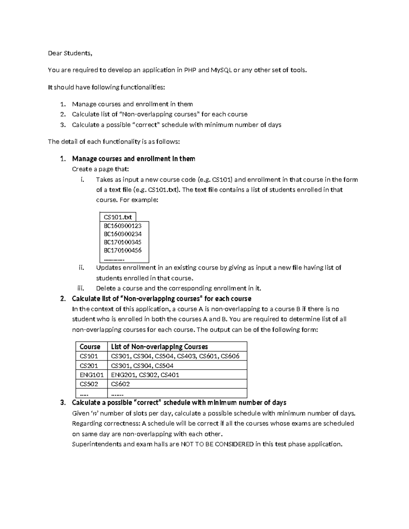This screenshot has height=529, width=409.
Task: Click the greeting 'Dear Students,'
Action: (70, 53)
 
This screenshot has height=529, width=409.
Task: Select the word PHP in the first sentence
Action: (190, 70)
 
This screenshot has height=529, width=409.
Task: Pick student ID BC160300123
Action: (122, 225)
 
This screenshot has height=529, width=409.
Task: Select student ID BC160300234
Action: (122, 234)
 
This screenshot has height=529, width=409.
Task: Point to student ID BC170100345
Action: (122, 242)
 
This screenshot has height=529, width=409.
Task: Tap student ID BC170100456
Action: (122, 250)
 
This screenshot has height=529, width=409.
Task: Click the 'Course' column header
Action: (90, 347)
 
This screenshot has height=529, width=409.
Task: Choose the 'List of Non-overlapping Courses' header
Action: (160, 347)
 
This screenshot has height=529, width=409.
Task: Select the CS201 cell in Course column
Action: (89, 365)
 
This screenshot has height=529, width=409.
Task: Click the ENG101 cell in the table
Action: (91, 375)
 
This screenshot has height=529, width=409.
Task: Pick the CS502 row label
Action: (89, 384)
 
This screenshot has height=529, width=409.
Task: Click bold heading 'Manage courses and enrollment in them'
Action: (134, 159)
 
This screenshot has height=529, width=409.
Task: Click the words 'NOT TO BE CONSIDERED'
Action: (217, 444)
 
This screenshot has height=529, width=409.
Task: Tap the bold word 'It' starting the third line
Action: (50, 87)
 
